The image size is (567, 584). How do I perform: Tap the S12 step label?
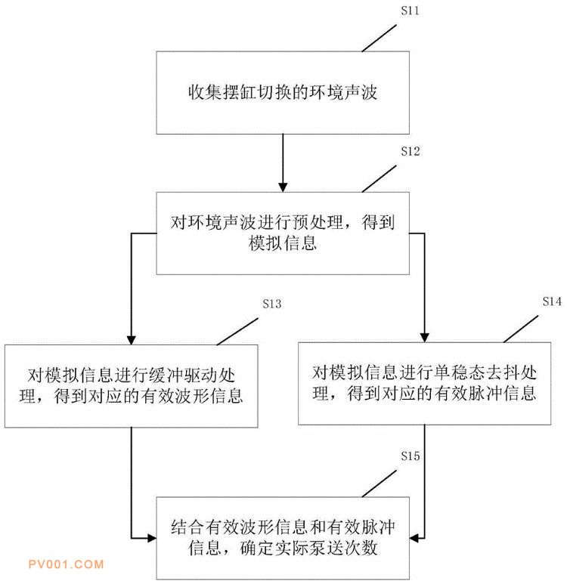coord(410,151)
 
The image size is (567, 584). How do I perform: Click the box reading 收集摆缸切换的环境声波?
coord(283,93)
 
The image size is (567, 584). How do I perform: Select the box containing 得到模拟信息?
coord(283,233)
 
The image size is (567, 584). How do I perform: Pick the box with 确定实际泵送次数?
coord(283,537)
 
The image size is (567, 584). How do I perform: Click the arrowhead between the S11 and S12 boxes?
coord(283,185)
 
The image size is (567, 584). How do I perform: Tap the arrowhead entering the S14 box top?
coord(424,337)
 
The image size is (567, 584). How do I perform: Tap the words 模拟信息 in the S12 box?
coord(282,243)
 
